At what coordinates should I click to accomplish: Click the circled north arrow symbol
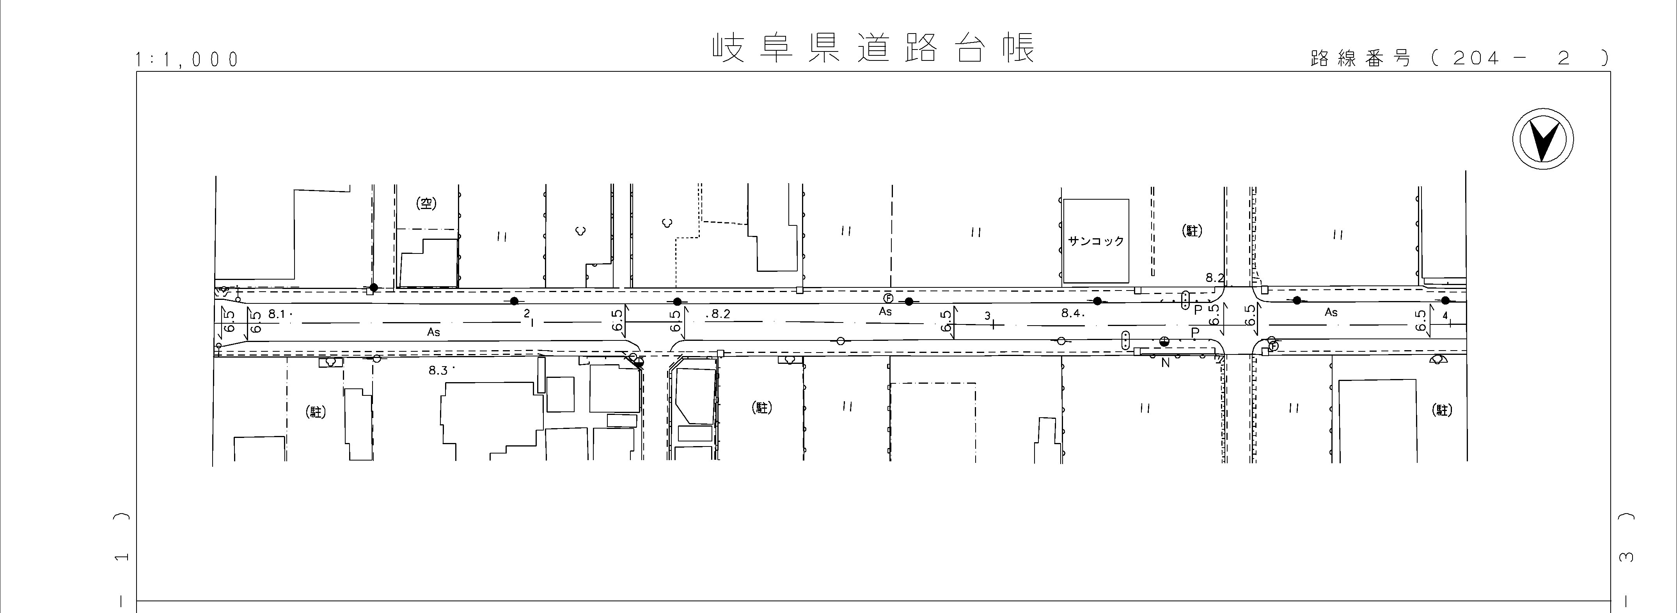(1542, 140)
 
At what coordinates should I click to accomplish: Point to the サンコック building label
(1096, 241)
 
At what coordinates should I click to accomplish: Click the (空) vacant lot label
(426, 204)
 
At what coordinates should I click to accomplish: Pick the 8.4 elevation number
(1071, 313)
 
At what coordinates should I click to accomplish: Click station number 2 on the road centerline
(527, 313)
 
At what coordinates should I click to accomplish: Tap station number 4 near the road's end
(1445, 315)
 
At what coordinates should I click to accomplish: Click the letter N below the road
(1165, 363)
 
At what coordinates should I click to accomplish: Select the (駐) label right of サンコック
(1192, 230)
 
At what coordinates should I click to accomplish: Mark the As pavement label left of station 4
(1331, 312)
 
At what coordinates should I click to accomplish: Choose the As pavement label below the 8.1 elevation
(433, 332)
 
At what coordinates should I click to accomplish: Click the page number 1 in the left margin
(121, 557)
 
